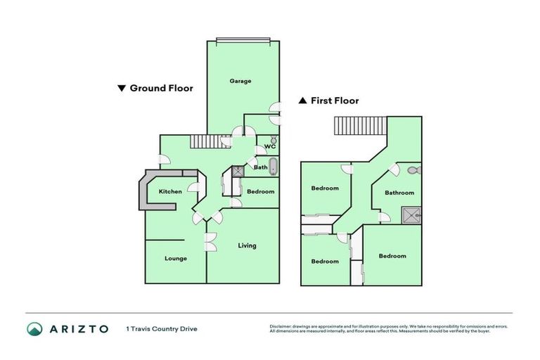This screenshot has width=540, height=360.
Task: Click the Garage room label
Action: tap(240, 81)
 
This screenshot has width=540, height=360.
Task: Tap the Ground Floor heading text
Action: tap(161, 89)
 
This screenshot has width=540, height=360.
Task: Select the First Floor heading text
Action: tap(335, 101)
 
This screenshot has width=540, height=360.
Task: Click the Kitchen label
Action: tap(170, 191)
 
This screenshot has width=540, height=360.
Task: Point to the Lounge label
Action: tap(175, 258)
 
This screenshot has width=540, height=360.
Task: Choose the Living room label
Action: tap(247, 245)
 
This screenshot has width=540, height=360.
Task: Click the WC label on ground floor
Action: tap(269, 147)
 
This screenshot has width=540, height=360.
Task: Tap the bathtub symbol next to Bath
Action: tap(274, 167)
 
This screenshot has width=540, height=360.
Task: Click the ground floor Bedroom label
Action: tap(260, 191)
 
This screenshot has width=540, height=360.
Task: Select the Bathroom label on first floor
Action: tap(399, 192)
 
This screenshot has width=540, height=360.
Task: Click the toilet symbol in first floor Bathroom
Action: tap(413, 169)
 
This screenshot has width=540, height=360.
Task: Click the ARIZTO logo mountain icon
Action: tap(34, 328)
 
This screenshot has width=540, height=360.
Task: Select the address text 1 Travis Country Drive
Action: tap(162, 328)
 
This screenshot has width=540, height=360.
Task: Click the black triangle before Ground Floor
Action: tap(122, 89)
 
